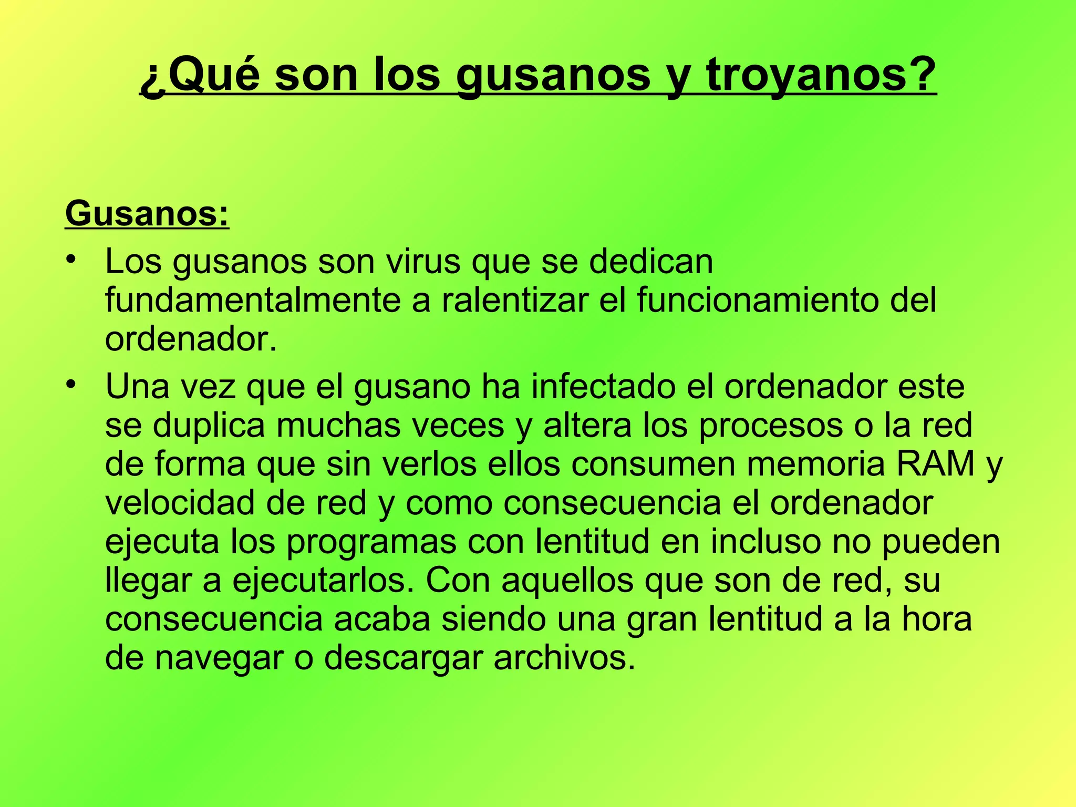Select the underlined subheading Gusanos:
pos(147,214)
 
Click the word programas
pos(371,543)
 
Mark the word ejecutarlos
pos(326,581)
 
